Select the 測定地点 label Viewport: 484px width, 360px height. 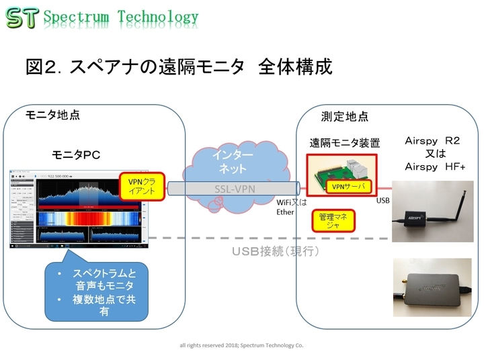coord(345,116)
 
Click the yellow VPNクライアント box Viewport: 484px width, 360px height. coord(141,186)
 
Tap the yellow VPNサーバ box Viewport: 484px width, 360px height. coord(348,187)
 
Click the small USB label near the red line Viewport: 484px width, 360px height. coord(382,199)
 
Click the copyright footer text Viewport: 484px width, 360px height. coord(241,345)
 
